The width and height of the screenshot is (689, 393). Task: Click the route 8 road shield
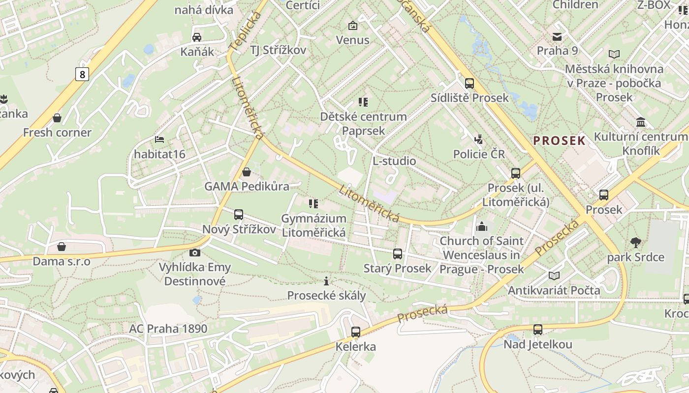[x=82, y=74]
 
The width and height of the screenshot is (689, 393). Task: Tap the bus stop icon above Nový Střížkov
[x=239, y=214]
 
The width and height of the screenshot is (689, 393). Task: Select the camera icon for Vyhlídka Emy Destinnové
[x=195, y=253]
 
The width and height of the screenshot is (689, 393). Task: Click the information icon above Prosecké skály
[x=326, y=281]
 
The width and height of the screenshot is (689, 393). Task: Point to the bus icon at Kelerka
[x=356, y=332]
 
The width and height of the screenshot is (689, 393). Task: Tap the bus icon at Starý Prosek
[x=398, y=254]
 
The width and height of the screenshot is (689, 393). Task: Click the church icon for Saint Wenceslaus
[x=481, y=226]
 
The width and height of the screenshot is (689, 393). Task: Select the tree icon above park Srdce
[x=635, y=242]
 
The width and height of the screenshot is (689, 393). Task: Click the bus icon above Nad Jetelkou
[x=538, y=330]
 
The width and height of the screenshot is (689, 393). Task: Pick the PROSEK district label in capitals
[x=560, y=141]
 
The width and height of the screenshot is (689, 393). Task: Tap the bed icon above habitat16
[x=159, y=140]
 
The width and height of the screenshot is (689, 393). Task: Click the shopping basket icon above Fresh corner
[x=58, y=118]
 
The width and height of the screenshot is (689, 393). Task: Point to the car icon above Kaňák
[x=197, y=37]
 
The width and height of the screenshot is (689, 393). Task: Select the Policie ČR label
[x=479, y=154]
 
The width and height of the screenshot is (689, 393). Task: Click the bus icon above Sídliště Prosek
[x=470, y=83]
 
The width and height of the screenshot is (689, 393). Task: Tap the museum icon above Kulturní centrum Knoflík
[x=641, y=122]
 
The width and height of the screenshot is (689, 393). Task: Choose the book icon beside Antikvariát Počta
[x=554, y=276]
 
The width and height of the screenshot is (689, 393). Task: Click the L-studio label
[x=394, y=161]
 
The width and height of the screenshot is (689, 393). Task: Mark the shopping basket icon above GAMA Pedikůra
[x=247, y=172]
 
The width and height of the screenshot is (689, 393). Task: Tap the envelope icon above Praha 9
[x=557, y=36]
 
